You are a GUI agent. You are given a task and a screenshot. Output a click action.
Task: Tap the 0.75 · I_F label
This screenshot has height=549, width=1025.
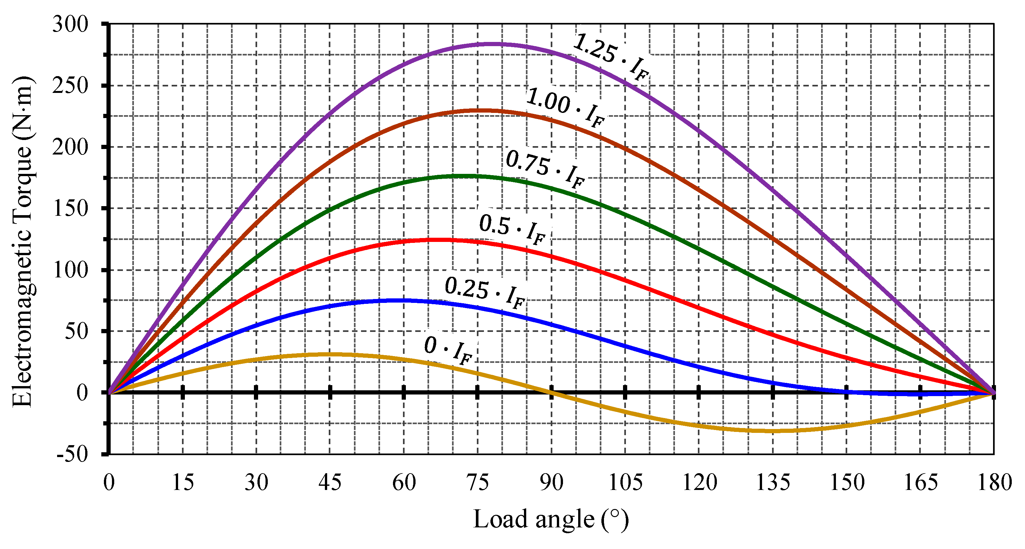click(x=545, y=170)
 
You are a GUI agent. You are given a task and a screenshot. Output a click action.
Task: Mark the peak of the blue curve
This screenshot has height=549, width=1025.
click(x=402, y=300)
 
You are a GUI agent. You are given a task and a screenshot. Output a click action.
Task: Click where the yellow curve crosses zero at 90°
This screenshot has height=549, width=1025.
click(x=551, y=393)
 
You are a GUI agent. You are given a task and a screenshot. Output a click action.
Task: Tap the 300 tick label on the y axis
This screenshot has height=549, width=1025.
click(x=70, y=25)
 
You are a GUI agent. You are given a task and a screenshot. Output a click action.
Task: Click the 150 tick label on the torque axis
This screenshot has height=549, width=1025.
click(x=70, y=208)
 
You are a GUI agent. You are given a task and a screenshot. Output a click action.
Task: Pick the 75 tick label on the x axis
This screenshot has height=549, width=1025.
click(x=477, y=483)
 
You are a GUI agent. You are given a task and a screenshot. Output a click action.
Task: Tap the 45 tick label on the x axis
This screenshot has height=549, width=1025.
click(x=330, y=483)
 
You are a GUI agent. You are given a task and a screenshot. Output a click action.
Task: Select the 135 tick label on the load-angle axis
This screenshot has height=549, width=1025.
click(x=773, y=483)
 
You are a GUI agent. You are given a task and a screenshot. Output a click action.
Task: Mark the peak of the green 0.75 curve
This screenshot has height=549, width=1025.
click(x=462, y=175)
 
